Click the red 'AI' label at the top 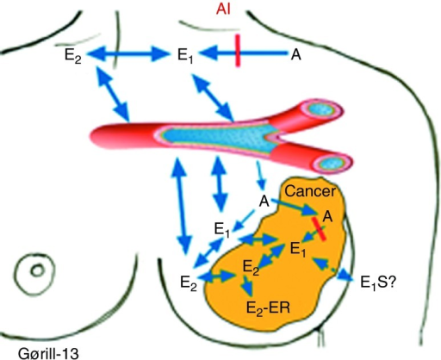click(223, 9)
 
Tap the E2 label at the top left click(73, 55)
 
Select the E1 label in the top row click(185, 55)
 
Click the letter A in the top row click(296, 54)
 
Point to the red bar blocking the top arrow click(238, 51)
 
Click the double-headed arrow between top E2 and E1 click(127, 53)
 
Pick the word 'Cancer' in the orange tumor click(310, 191)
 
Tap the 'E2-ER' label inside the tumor click(268, 308)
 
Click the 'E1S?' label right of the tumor click(378, 282)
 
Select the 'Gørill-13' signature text click(48, 353)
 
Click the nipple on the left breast click(38, 270)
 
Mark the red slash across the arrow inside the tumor click(319, 229)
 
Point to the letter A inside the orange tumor click(327, 216)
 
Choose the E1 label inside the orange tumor click(298, 249)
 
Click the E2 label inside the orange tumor click(251, 267)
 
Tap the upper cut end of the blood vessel click(323, 110)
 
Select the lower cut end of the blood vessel click(332, 164)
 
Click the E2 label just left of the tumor click(189, 282)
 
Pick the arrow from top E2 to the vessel click(112, 94)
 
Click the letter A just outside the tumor click(264, 201)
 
